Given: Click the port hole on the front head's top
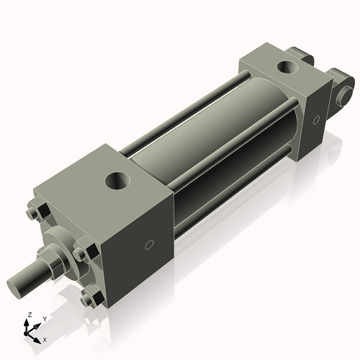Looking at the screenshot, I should (117, 179).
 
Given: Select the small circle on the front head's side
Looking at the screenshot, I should (149, 245).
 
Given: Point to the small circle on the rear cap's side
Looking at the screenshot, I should (315, 121).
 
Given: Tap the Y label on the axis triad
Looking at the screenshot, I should (44, 319).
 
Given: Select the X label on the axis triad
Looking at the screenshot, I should (45, 338).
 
